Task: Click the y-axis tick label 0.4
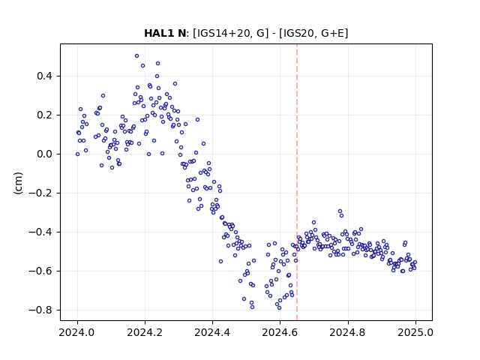(x=46, y=76)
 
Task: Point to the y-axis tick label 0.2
(x=46, y=115)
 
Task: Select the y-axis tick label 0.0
(x=46, y=154)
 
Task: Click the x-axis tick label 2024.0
(x=77, y=332)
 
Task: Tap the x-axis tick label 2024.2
(x=145, y=332)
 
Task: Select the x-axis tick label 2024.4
(x=212, y=332)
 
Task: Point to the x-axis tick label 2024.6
(x=280, y=332)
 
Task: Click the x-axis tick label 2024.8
(x=347, y=332)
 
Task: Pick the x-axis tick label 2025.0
(x=415, y=332)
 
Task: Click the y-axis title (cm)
(x=18, y=183)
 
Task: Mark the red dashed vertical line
(x=297, y=182)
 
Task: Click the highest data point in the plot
(x=136, y=56)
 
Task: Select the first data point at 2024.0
(x=77, y=154)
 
